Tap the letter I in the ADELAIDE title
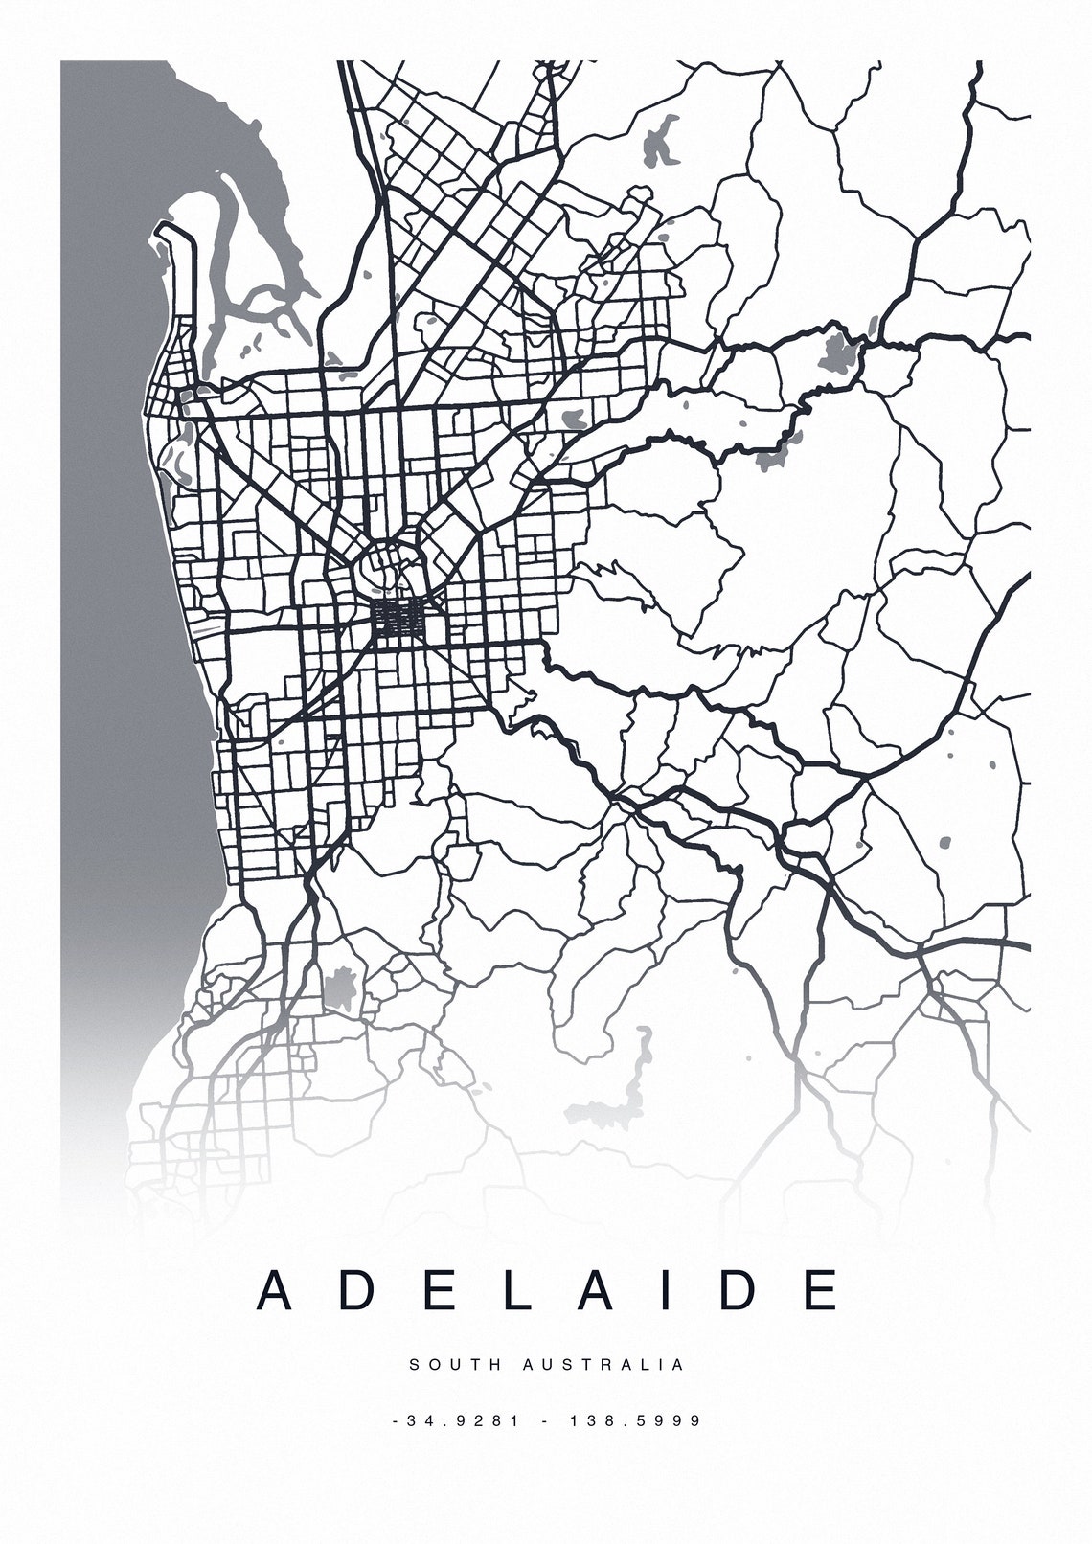(671, 1290)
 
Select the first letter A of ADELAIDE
(274, 1290)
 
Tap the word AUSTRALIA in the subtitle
(604, 1364)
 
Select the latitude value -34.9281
(457, 1420)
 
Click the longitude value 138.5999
(636, 1420)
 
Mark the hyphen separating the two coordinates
(546, 1420)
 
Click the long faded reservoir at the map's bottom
(613, 1101)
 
